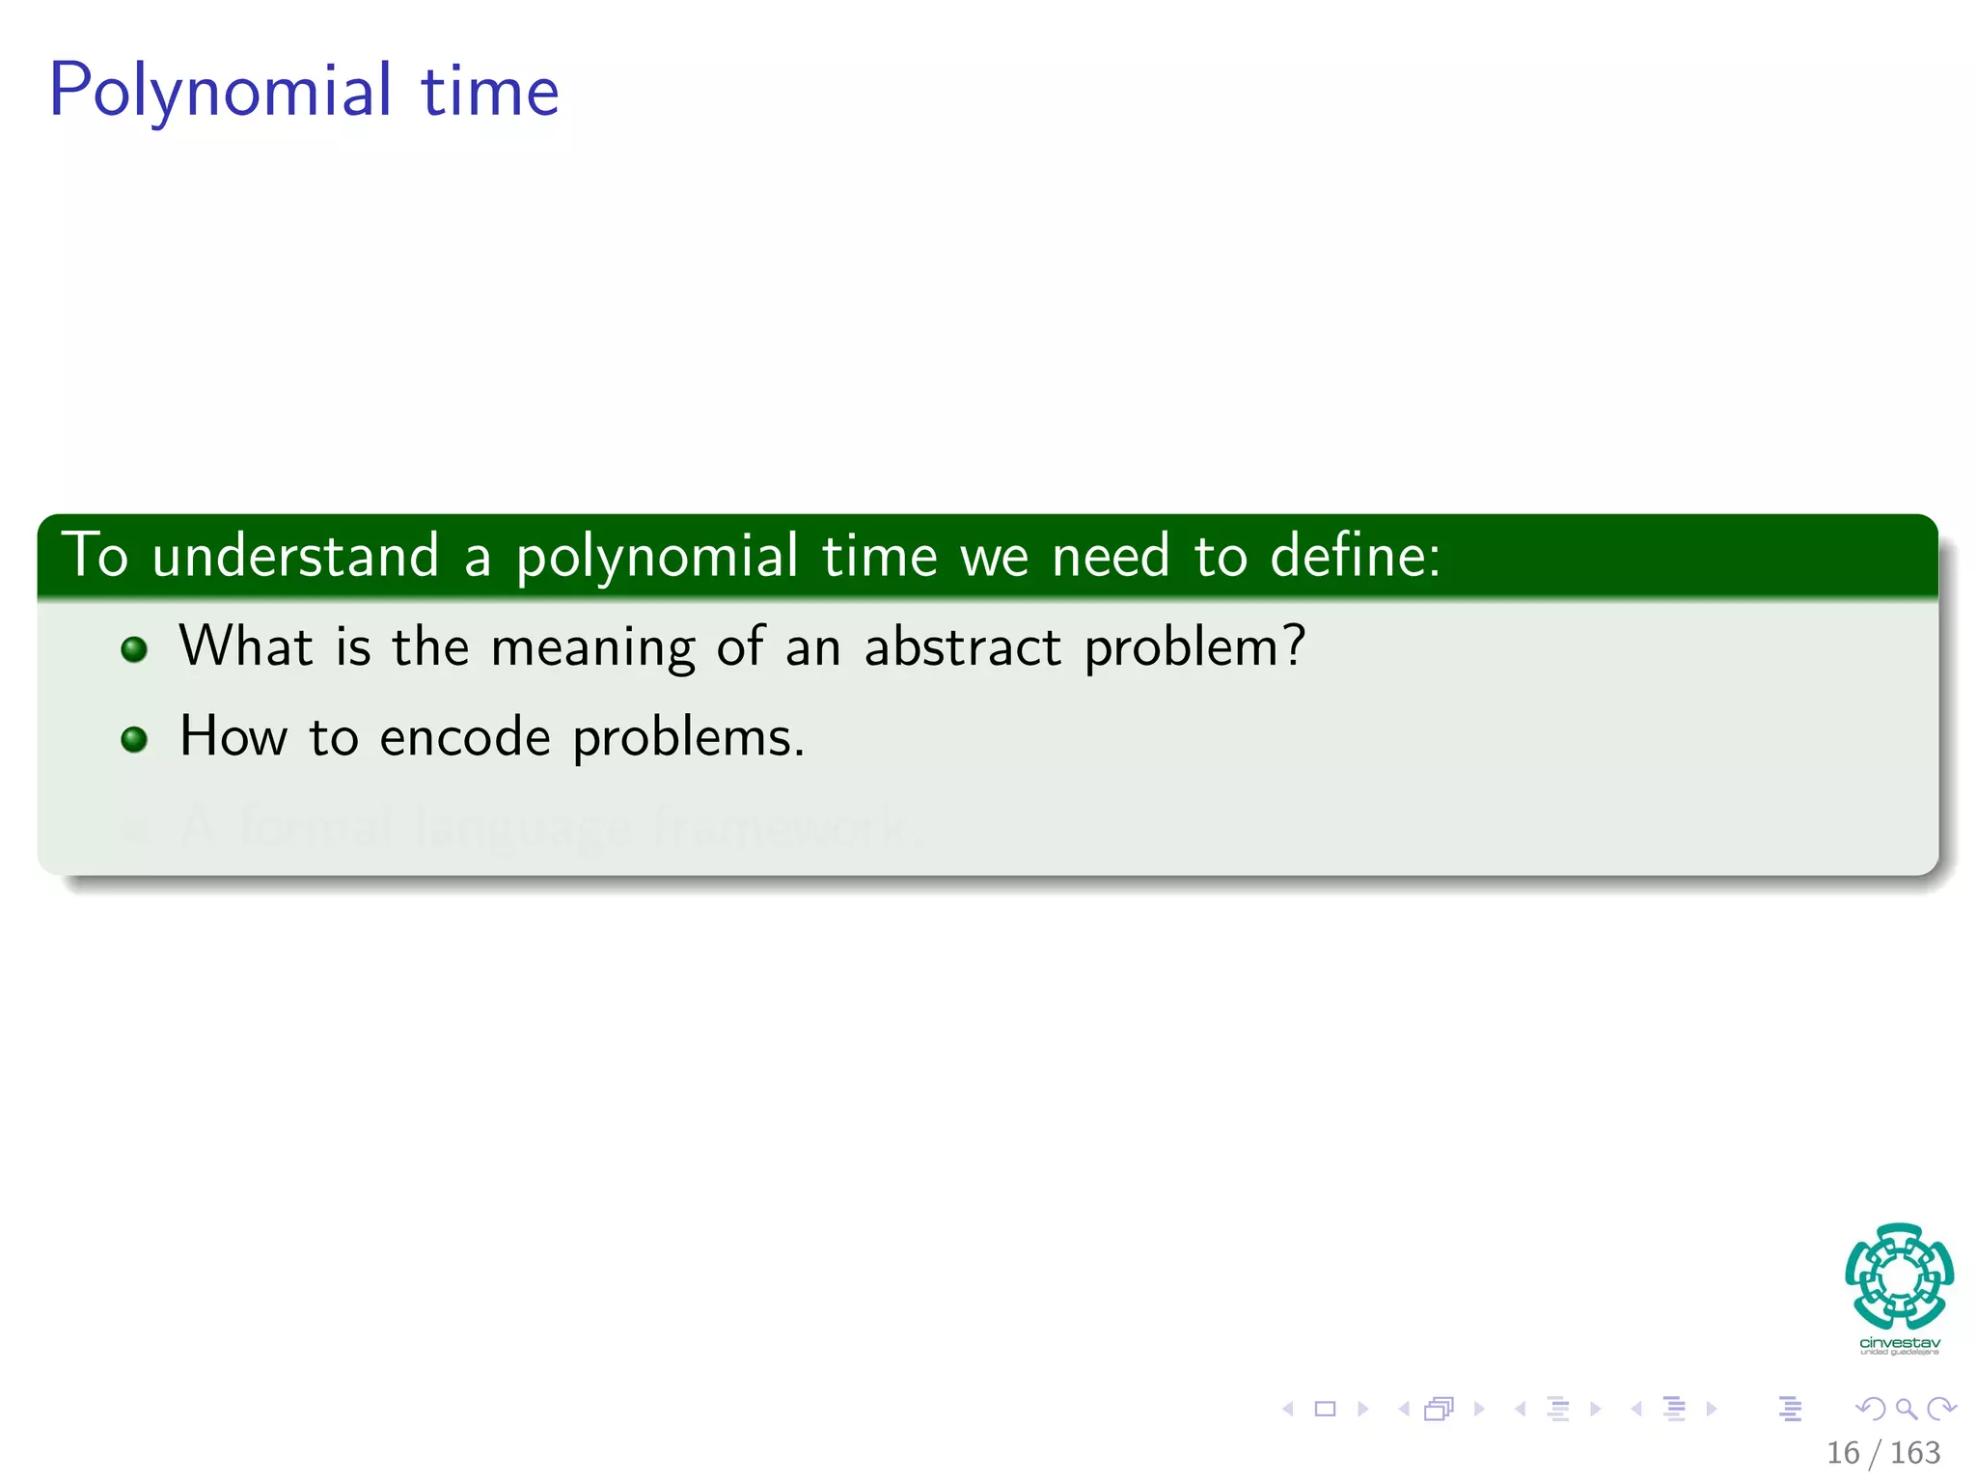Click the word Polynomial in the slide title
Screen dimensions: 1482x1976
point(221,92)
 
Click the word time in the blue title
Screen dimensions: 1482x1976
point(489,92)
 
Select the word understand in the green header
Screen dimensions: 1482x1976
point(295,557)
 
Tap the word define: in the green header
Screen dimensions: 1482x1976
point(1355,557)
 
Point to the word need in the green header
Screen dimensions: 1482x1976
point(1111,557)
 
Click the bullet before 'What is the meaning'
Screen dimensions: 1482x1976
point(134,649)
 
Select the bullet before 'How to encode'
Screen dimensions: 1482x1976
point(134,740)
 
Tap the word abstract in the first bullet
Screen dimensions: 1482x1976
point(962,645)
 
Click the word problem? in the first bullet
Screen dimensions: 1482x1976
point(1194,647)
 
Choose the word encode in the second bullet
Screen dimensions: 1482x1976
point(465,738)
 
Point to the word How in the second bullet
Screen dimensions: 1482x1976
point(233,736)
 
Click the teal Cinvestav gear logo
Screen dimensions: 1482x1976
point(1899,1276)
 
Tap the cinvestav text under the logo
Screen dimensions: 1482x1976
point(1899,1343)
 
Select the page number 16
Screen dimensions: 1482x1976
point(1842,1452)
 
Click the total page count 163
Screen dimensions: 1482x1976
point(1914,1452)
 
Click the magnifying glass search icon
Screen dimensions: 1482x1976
point(1906,1409)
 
